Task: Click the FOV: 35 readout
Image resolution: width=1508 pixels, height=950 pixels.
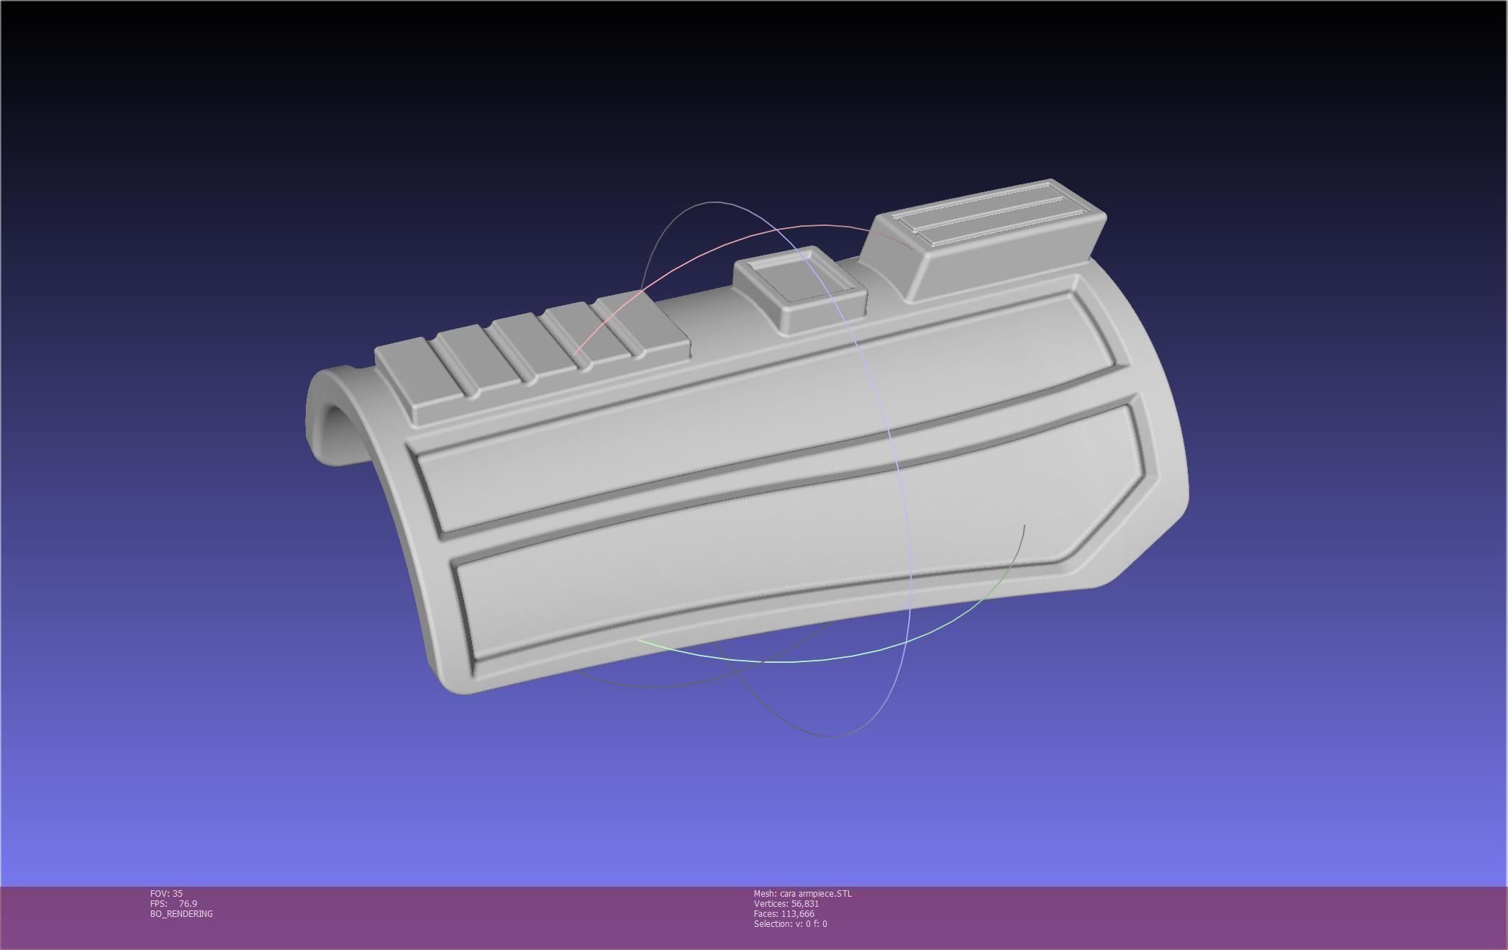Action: (166, 893)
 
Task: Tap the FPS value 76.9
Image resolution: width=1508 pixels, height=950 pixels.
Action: (187, 903)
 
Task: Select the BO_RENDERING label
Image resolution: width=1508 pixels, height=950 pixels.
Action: (181, 913)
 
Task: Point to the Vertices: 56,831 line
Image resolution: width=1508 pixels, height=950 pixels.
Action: (786, 903)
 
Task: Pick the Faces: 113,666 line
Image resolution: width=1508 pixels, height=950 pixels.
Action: (783, 913)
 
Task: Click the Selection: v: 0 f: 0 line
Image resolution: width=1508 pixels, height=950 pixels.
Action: (790, 923)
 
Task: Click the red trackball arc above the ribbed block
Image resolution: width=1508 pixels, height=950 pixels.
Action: (719, 248)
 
